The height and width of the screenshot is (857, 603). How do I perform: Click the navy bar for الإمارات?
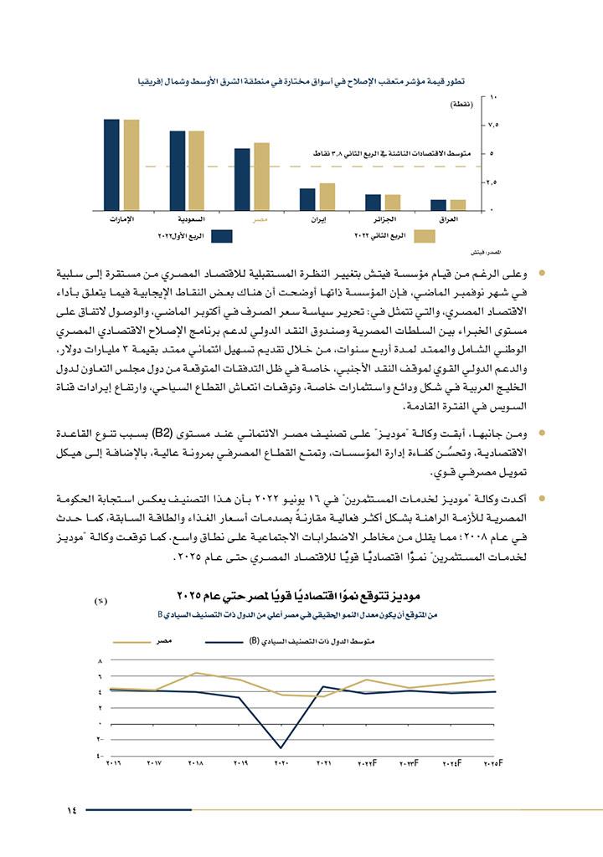click(111, 164)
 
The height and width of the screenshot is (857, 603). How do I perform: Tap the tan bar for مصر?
click(261, 176)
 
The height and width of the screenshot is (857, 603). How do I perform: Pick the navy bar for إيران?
click(307, 198)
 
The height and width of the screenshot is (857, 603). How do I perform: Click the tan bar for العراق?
click(457, 204)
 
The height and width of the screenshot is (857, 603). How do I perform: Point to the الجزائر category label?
click(382, 218)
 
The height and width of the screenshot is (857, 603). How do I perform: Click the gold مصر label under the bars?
click(261, 218)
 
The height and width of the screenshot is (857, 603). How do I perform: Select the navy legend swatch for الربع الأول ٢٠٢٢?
click(221, 237)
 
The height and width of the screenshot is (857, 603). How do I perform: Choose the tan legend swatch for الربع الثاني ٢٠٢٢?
click(425, 237)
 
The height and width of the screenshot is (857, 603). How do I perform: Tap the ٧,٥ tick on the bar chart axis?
click(493, 125)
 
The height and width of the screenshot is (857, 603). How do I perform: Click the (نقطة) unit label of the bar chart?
click(461, 105)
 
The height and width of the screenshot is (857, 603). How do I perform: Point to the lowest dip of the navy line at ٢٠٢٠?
click(281, 747)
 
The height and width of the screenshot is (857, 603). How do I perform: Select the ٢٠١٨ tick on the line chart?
click(195, 763)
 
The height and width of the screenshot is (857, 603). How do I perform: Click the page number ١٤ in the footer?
click(71, 809)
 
